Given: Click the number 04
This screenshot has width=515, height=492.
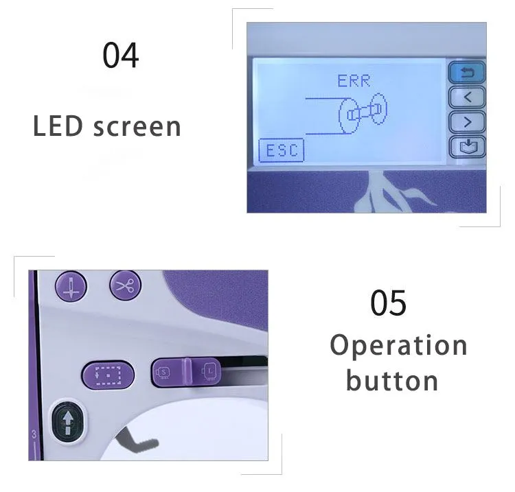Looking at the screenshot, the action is pyautogui.click(x=121, y=55).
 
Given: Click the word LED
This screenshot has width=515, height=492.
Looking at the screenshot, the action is pyautogui.click(x=58, y=126).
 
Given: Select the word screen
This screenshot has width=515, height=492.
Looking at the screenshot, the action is pyautogui.click(x=137, y=128).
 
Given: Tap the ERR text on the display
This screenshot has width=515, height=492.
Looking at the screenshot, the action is pyautogui.click(x=354, y=81).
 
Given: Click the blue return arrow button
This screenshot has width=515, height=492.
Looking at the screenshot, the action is pyautogui.click(x=467, y=73).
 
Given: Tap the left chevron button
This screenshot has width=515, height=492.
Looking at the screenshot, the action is pyautogui.click(x=467, y=97).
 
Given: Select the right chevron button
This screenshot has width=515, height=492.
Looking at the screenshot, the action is pyautogui.click(x=467, y=122).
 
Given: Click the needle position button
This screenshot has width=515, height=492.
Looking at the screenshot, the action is pyautogui.click(x=71, y=286).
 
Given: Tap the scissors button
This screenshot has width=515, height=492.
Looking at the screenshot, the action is pyautogui.click(x=125, y=285).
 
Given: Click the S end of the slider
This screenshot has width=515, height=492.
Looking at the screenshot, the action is pyautogui.click(x=164, y=372).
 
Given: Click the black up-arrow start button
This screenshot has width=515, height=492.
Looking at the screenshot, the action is pyautogui.click(x=68, y=421).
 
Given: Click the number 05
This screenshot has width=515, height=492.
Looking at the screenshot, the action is pyautogui.click(x=388, y=303).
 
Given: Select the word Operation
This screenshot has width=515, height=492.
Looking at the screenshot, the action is pyautogui.click(x=398, y=346).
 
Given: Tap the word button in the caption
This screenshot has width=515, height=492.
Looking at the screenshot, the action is pyautogui.click(x=392, y=381).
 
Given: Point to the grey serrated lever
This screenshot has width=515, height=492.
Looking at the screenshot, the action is pyautogui.click(x=137, y=441).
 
